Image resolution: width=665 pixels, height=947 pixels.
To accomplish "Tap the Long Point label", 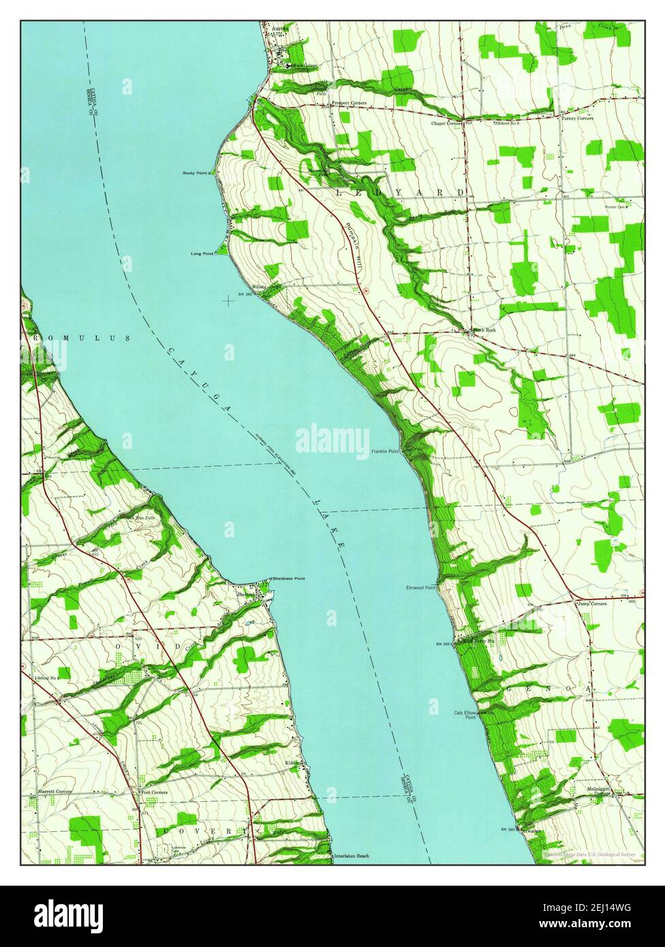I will coord(202,253).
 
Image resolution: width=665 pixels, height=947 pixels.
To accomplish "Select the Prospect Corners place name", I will coord(349,103).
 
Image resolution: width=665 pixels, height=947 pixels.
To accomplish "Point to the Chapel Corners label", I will coord(446,124).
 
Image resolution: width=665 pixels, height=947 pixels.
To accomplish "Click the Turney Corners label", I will coord(577,119).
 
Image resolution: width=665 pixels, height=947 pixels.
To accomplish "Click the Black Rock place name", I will coord(485,330).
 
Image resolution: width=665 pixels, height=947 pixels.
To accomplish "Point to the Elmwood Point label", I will coord(420,587).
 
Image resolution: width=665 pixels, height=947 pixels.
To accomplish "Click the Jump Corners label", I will coord(591,604).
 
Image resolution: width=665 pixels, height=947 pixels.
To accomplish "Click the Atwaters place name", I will coord(532,830).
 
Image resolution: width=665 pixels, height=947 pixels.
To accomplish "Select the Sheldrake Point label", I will coord(288,578).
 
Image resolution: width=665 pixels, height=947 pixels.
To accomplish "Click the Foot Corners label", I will coord(154,792).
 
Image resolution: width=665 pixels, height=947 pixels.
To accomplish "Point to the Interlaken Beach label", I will coord(351,856).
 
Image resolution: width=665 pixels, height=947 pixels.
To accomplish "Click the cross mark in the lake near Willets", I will coord(228,298).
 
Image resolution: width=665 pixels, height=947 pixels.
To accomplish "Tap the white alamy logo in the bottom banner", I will coord(69,915).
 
